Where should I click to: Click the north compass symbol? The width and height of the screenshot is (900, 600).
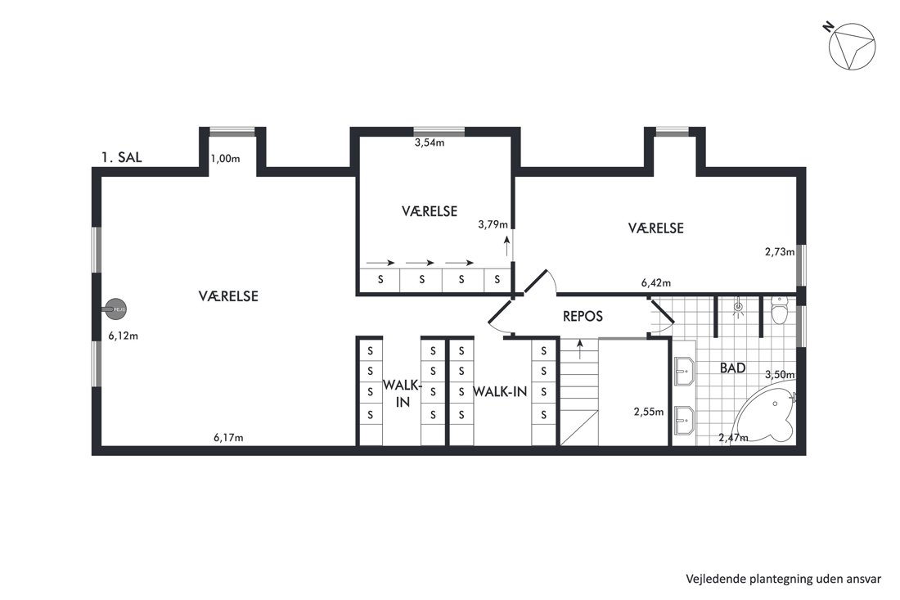tap(852, 47)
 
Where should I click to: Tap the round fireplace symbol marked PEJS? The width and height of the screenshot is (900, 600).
tap(115, 309)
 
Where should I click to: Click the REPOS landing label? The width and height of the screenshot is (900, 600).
tap(583, 316)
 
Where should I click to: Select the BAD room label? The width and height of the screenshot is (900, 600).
tap(733, 368)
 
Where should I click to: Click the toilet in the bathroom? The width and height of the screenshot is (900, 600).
tap(780, 310)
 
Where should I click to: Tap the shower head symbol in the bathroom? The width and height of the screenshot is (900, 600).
tap(738, 309)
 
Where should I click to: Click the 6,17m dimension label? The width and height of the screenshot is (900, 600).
tap(228, 437)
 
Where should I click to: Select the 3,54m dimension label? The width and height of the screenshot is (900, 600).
tap(430, 142)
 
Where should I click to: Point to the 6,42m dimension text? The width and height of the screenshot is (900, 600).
tap(656, 282)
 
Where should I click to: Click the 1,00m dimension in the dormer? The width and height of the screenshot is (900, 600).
tap(225, 159)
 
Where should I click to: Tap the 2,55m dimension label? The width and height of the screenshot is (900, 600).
tap(649, 412)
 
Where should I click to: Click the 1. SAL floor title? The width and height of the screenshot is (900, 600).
tap(122, 157)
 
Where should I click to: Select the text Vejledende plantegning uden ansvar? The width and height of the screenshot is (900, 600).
tap(784, 579)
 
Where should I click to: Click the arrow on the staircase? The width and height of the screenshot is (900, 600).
tap(580, 349)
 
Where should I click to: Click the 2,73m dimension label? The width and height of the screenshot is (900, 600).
tap(780, 251)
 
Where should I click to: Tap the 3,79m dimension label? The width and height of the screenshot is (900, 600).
tap(493, 224)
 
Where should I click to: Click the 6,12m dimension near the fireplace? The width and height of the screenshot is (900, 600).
tap(124, 336)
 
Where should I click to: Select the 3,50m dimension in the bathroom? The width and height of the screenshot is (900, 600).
tap(780, 375)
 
